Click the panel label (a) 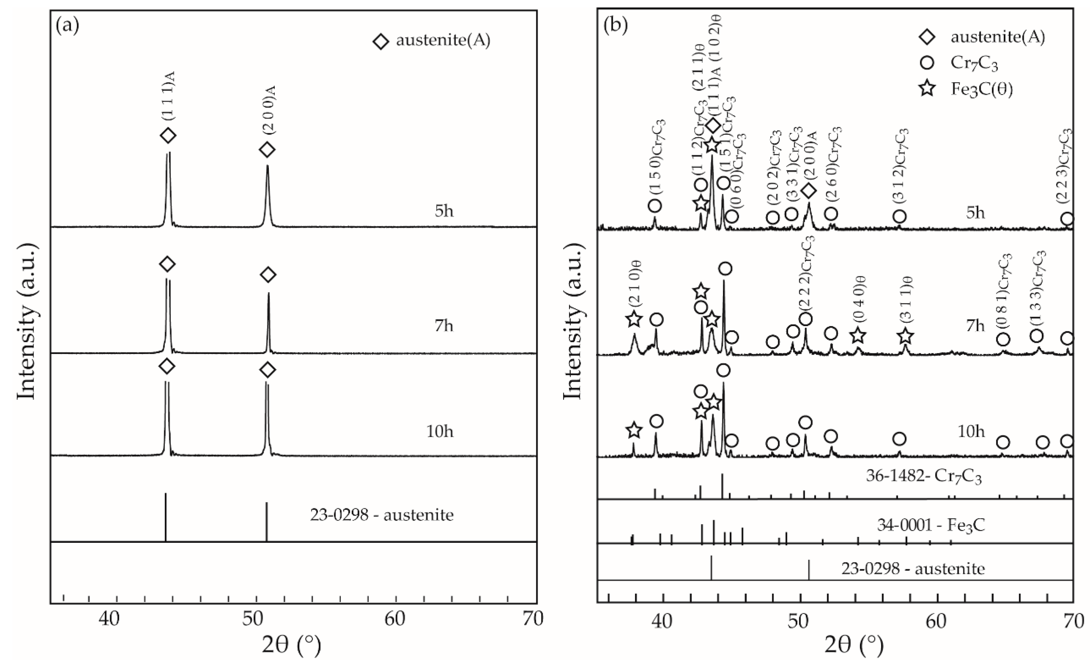pyautogui.click(x=67, y=27)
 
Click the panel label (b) pyautogui.click(x=616, y=27)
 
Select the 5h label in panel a pyautogui.click(x=444, y=211)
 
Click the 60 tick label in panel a pyautogui.click(x=395, y=619)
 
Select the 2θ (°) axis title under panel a pyautogui.click(x=292, y=645)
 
